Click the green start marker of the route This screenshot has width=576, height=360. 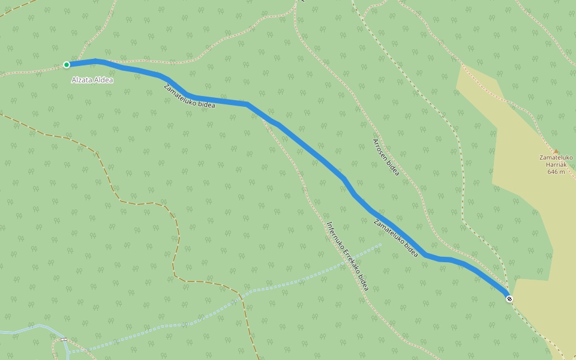pyautogui.click(x=67, y=65)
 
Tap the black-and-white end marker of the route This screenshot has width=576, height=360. pyautogui.click(x=509, y=298)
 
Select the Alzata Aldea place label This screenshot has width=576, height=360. pyautogui.click(x=92, y=80)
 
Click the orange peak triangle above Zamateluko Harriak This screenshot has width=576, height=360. pyautogui.click(x=556, y=152)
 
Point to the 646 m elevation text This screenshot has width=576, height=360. pyautogui.click(x=556, y=172)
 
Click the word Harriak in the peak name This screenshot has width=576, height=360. pyautogui.click(x=556, y=164)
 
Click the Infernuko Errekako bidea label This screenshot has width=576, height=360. pyautogui.click(x=347, y=256)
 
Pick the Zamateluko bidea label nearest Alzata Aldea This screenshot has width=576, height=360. pyautogui.click(x=189, y=96)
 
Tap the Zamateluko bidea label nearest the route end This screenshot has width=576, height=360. pyautogui.click(x=395, y=238)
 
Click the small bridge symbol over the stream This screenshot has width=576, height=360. pyautogui.click(x=64, y=340)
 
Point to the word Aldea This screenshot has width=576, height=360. pyautogui.click(x=103, y=80)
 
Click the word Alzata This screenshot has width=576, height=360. pyautogui.click(x=82, y=80)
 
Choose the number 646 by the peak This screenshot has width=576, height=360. pyautogui.click(x=553, y=172)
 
